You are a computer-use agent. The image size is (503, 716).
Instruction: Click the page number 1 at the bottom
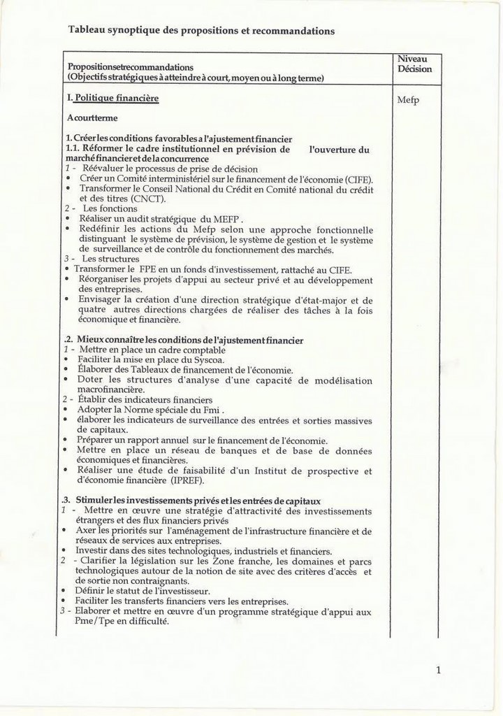(438, 671)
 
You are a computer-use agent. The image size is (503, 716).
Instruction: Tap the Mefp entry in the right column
(409, 100)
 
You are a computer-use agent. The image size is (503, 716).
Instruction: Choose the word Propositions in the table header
(94, 66)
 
